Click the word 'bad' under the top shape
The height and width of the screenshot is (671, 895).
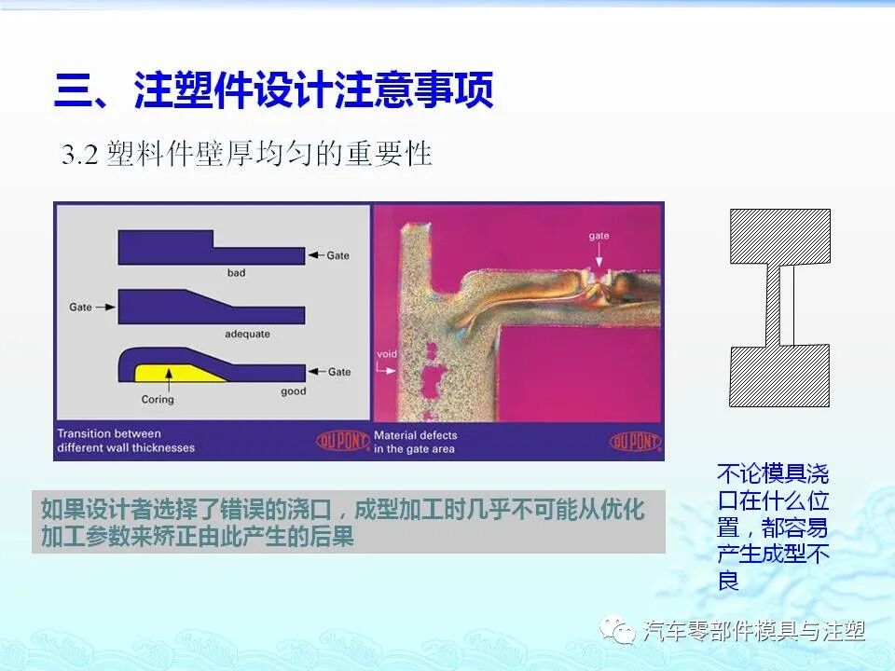(237, 274)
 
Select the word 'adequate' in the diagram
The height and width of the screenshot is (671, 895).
(246, 333)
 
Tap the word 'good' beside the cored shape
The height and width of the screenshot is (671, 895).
(293, 391)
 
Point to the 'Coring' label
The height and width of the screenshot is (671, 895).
(158, 400)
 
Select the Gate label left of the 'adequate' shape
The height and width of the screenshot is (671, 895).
(81, 306)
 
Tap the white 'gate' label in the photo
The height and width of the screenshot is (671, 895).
(599, 237)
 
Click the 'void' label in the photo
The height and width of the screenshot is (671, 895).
(387, 354)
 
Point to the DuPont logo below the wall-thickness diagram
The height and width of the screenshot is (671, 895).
(342, 441)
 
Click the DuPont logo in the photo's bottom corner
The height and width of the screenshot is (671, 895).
(634, 441)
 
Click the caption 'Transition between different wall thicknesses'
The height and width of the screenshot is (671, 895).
(126, 441)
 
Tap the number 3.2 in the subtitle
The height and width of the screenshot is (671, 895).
(80, 155)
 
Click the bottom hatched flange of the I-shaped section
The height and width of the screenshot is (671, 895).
(779, 376)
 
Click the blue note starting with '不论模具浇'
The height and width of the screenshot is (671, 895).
(773, 527)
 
